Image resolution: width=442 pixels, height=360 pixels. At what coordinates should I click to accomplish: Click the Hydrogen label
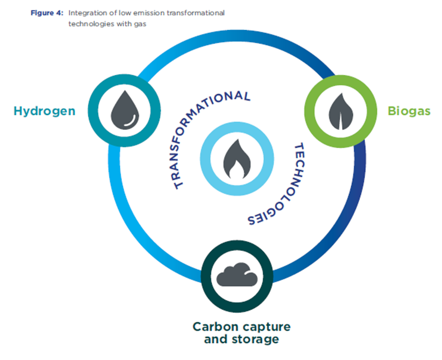[x=45, y=112]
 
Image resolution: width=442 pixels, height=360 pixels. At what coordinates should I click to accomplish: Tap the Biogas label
[x=409, y=111]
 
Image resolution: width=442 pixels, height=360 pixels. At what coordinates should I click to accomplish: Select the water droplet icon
[x=125, y=110]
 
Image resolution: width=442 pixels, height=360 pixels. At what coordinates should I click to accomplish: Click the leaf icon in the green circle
[x=341, y=112]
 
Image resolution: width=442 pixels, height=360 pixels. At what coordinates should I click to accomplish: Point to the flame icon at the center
[x=237, y=159]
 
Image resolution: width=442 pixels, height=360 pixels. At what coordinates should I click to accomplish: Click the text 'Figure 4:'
[x=47, y=13]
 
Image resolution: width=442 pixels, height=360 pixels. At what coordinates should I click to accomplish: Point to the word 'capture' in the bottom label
[x=267, y=327]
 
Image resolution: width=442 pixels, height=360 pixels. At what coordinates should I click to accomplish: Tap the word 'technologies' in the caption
[x=91, y=24]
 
